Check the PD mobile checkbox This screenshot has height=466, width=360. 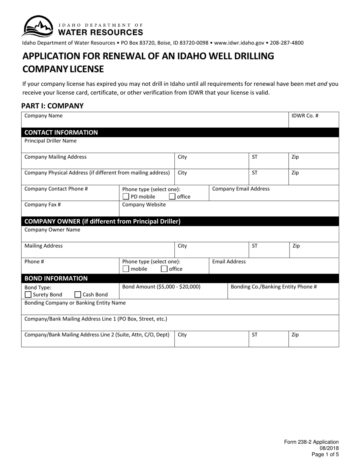click(x=126, y=197)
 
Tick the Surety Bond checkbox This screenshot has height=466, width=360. click(x=28, y=294)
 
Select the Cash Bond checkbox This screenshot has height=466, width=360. click(x=78, y=294)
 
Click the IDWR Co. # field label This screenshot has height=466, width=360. click(x=305, y=116)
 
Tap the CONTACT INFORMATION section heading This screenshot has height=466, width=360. click(x=61, y=133)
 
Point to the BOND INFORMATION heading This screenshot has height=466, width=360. click(x=56, y=278)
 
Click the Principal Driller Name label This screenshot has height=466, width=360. click(x=50, y=141)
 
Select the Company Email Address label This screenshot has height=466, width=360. click(x=241, y=189)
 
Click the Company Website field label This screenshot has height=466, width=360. click(x=144, y=205)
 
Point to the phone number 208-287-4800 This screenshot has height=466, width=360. click(x=287, y=43)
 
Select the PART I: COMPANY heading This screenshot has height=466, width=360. click(x=52, y=106)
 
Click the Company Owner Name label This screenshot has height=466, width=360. click(x=52, y=230)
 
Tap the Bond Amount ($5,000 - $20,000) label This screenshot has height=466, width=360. click(x=161, y=287)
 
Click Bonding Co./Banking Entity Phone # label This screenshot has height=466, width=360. click(x=274, y=287)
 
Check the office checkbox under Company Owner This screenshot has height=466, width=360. click(x=164, y=269)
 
